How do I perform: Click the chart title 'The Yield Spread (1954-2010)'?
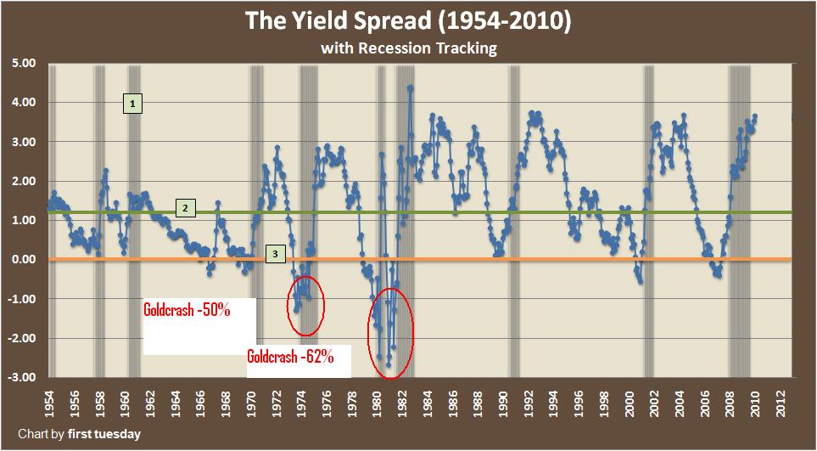pyautogui.click(x=408, y=21)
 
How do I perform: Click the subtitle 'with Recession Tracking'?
pyautogui.click(x=408, y=48)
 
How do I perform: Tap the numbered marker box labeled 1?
pyautogui.click(x=132, y=104)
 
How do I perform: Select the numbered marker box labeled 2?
pyautogui.click(x=183, y=208)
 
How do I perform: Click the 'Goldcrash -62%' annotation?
pyautogui.click(x=297, y=356)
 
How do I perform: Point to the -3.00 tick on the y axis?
pyautogui.click(x=20, y=377)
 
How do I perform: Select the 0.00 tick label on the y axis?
pyautogui.click(x=21, y=260)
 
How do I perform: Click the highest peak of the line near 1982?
pyautogui.click(x=411, y=87)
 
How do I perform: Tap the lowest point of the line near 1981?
pyautogui.click(x=389, y=365)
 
